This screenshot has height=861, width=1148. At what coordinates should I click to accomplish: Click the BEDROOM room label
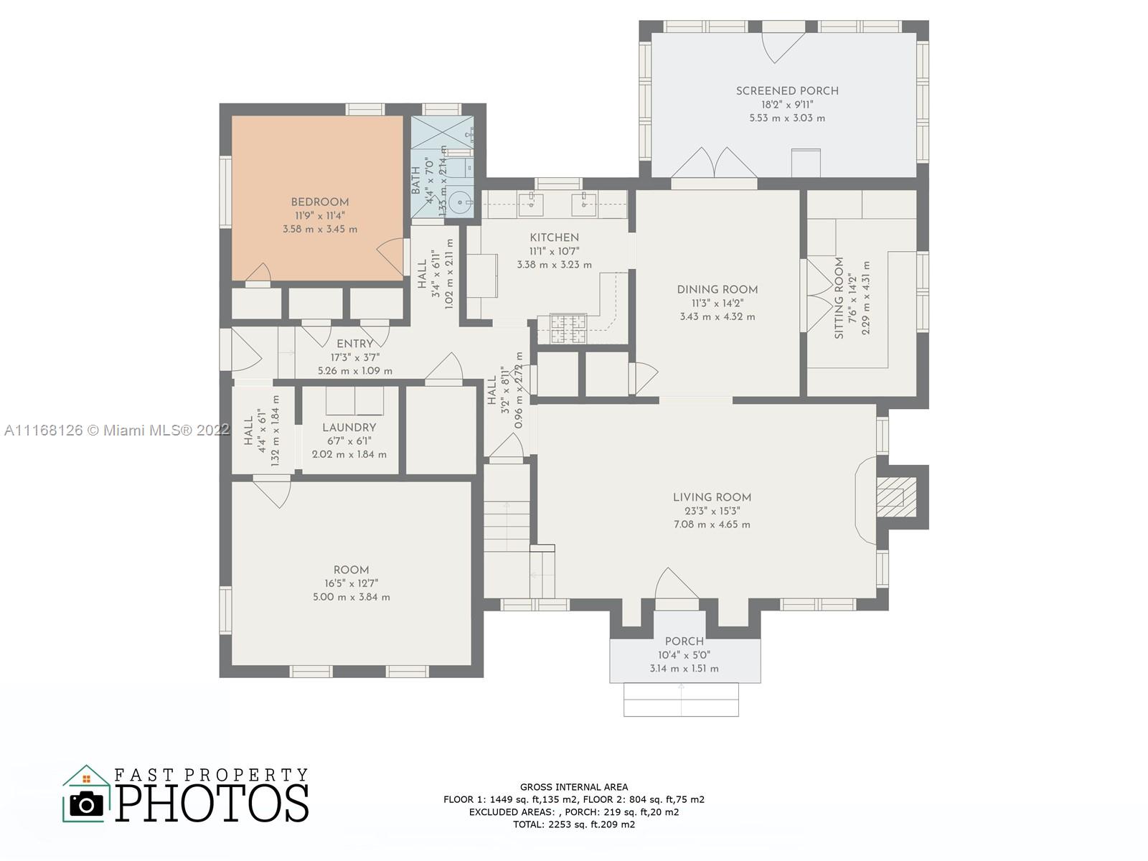319,202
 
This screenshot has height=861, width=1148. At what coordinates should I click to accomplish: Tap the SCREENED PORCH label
787,91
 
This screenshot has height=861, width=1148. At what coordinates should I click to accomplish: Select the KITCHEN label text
554,238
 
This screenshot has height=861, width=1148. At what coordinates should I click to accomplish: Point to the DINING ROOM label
717,290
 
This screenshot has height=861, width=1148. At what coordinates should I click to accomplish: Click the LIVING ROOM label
712,498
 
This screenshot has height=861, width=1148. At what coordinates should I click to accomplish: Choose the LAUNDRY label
349,428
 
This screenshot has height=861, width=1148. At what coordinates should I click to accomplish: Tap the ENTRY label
354,344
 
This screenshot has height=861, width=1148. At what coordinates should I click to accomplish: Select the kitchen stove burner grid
568,329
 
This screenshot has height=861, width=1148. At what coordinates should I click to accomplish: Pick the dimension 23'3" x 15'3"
712,512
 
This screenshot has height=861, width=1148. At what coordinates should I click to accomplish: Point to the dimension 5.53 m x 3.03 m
787,118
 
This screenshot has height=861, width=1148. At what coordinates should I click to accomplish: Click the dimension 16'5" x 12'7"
351,583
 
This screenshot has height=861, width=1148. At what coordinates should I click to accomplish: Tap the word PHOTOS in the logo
212,802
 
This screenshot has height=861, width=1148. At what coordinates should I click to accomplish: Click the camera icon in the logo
86,804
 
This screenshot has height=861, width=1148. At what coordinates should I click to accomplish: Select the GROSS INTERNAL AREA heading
574,787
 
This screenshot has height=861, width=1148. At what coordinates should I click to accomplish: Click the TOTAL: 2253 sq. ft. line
574,825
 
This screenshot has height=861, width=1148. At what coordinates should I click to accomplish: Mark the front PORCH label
684,641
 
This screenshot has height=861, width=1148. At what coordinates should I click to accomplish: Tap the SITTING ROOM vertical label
839,298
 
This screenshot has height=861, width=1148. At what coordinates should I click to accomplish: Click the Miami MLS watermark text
117,430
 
